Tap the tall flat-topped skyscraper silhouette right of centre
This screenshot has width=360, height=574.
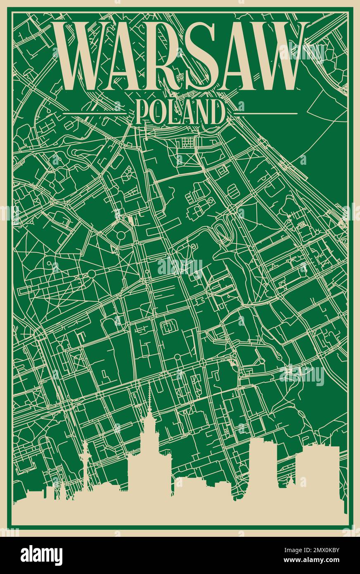pos(263,467)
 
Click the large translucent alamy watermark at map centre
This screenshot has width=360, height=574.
pos(180,268)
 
